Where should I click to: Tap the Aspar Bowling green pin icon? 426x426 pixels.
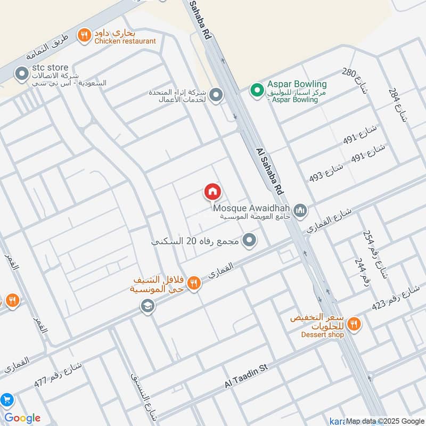coord(258,90)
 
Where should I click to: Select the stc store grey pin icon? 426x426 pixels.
coord(22,73)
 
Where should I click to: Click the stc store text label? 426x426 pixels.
coord(51,68)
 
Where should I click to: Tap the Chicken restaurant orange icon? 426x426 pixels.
coord(84,36)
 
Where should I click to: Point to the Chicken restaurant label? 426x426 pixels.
coord(125,41)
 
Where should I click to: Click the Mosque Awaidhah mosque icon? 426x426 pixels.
coord(301,211)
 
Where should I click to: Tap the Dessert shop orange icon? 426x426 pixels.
coord(353,323)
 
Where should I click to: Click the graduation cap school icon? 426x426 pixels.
coord(147,306)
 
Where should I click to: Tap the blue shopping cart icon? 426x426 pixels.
coord(7,400)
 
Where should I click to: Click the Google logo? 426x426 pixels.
coord(22,418)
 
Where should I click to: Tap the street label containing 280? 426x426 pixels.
coord(356,80)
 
